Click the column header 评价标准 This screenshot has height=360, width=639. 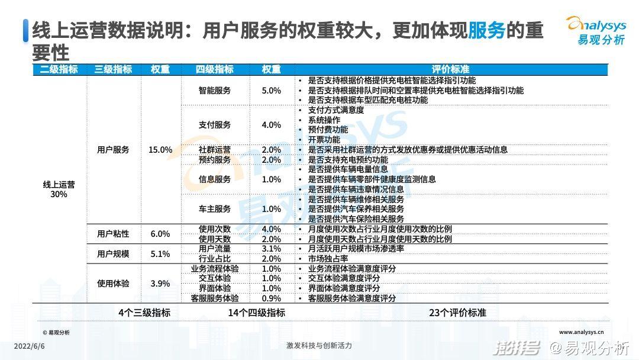coord(450,69)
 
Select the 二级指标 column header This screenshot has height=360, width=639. coord(59,69)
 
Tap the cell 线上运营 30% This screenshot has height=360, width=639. coord(59,189)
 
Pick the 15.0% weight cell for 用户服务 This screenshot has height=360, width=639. coord(160,150)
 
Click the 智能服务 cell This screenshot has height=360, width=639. coord(215,91)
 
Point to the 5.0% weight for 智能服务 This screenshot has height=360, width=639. coord(271,91)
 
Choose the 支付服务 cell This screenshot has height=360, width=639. coord(215,125)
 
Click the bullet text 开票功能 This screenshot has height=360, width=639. coord(324,140)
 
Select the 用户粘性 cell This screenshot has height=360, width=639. coord(113,234)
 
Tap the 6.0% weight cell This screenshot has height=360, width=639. coord(160,234)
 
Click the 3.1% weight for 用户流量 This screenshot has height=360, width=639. coord(271,249)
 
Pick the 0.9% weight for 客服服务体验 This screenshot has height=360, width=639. coord(271,298)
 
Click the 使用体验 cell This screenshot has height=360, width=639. coord(113,284)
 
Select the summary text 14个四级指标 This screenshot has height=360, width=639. coord(256,313)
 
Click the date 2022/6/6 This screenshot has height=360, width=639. coord(29,346)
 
